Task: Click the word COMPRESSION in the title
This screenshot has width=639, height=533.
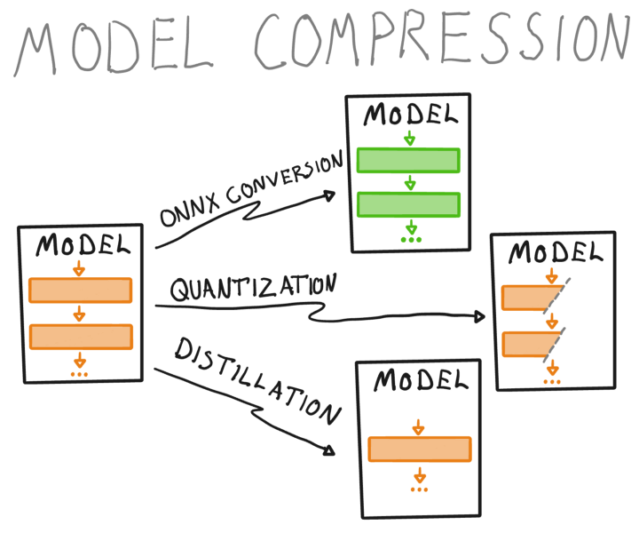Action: tap(442, 40)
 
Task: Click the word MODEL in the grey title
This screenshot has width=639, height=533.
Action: tap(114, 48)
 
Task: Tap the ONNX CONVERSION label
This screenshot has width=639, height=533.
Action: tap(251, 188)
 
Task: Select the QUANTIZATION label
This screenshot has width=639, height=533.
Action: tap(254, 288)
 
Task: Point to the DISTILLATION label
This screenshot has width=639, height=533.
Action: tap(257, 381)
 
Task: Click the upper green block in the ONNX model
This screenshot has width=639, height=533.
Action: tap(408, 160)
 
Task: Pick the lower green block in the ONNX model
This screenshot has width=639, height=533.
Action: tap(409, 204)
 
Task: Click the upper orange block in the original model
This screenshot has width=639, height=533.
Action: tap(80, 290)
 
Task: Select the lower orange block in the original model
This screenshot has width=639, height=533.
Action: tap(81, 337)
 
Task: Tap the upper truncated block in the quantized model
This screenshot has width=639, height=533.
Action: tap(530, 298)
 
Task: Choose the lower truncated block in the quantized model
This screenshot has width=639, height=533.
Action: tap(529, 344)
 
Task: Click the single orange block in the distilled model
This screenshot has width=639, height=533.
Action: tap(420, 449)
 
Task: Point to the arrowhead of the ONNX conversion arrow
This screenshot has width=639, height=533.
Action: tap(329, 196)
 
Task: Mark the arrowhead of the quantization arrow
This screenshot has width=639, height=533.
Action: tap(479, 316)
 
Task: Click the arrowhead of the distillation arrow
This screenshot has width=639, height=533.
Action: tap(329, 450)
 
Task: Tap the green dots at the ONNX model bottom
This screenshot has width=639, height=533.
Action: tap(411, 240)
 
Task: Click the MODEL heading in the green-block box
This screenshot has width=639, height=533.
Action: tap(410, 115)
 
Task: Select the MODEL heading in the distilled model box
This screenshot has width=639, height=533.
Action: tap(421, 380)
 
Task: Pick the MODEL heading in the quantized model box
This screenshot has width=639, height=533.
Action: tap(555, 252)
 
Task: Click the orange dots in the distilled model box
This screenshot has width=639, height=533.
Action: tap(419, 489)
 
